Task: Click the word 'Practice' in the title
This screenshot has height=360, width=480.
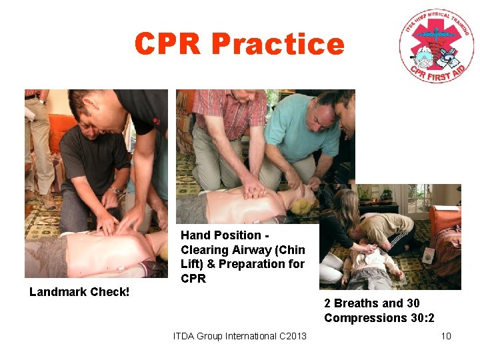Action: [x=278, y=45]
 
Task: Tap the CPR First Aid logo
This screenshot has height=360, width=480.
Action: [x=437, y=47]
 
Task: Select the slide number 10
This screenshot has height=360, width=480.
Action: [x=446, y=336]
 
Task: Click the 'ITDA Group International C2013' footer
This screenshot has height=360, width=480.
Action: [x=240, y=336]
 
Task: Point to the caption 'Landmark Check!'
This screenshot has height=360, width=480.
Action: [x=79, y=292]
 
